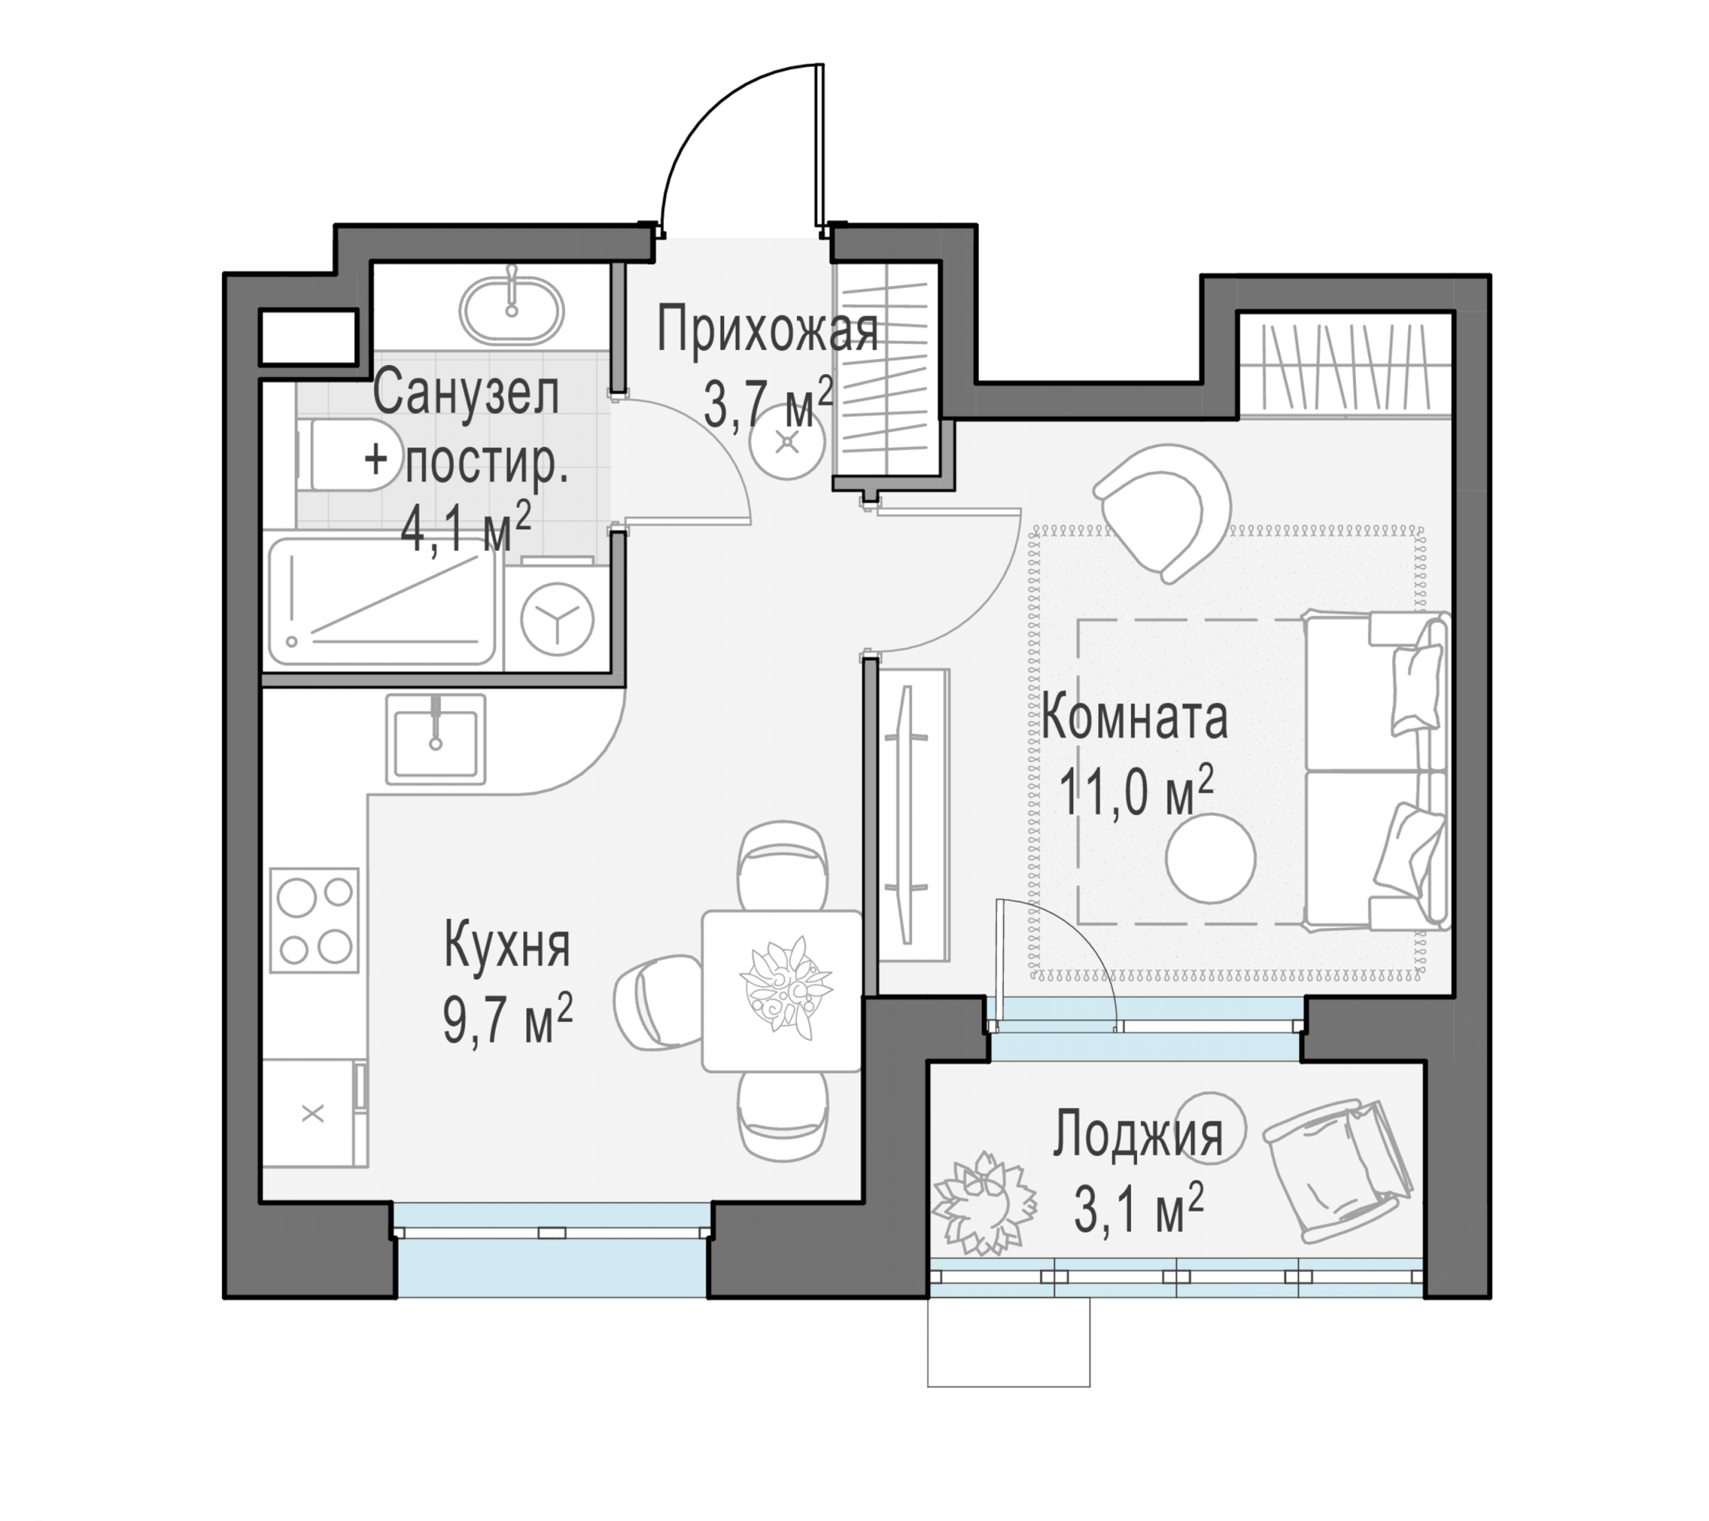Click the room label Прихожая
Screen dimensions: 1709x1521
tap(767, 329)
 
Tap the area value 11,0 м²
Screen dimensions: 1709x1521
tap(1136, 792)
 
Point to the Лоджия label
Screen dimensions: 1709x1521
tap(1137, 1134)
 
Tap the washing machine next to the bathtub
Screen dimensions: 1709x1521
tap(557, 619)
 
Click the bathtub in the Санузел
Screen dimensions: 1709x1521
tap(383, 602)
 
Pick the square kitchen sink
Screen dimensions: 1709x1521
tap(436, 739)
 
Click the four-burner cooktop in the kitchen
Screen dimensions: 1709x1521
tap(314, 919)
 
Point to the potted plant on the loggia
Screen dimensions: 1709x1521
tap(984, 1203)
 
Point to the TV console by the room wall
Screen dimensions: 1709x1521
tap(914, 815)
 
